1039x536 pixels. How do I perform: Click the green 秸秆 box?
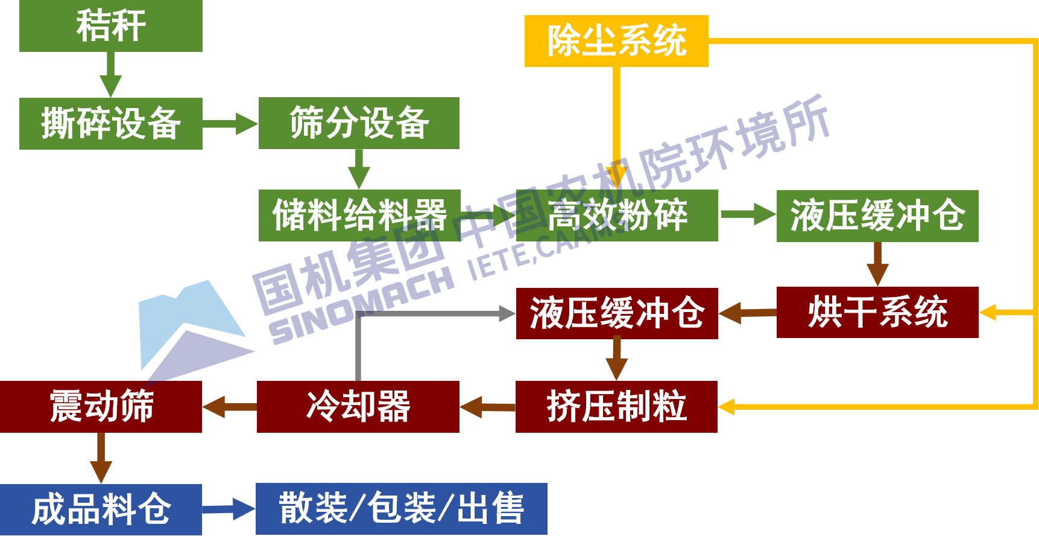click(110, 26)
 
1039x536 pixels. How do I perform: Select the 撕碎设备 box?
click(110, 123)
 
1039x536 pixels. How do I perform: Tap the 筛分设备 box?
click(359, 123)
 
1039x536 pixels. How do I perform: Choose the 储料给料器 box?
click(359, 215)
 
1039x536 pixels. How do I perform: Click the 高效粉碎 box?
click(617, 215)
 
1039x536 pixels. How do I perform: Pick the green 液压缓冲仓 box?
click(877, 216)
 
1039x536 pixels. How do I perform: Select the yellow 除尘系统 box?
click(616, 41)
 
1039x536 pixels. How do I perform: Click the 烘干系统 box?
click(877, 312)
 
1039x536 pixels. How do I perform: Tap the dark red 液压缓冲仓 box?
click(617, 313)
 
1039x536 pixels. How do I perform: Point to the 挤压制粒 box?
click(616, 407)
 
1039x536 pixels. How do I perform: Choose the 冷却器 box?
click(358, 407)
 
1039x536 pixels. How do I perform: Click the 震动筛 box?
click(101, 407)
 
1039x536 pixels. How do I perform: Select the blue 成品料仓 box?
click(101, 509)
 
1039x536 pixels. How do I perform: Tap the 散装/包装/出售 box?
click(402, 509)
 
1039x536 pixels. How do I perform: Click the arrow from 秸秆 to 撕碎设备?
click(110, 75)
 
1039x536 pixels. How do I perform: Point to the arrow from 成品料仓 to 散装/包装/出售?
click(229, 509)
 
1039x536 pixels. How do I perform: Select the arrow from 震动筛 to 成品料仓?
click(101, 459)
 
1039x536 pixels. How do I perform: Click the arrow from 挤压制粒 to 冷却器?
click(487, 407)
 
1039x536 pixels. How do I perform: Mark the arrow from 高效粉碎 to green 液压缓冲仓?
click(748, 215)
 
